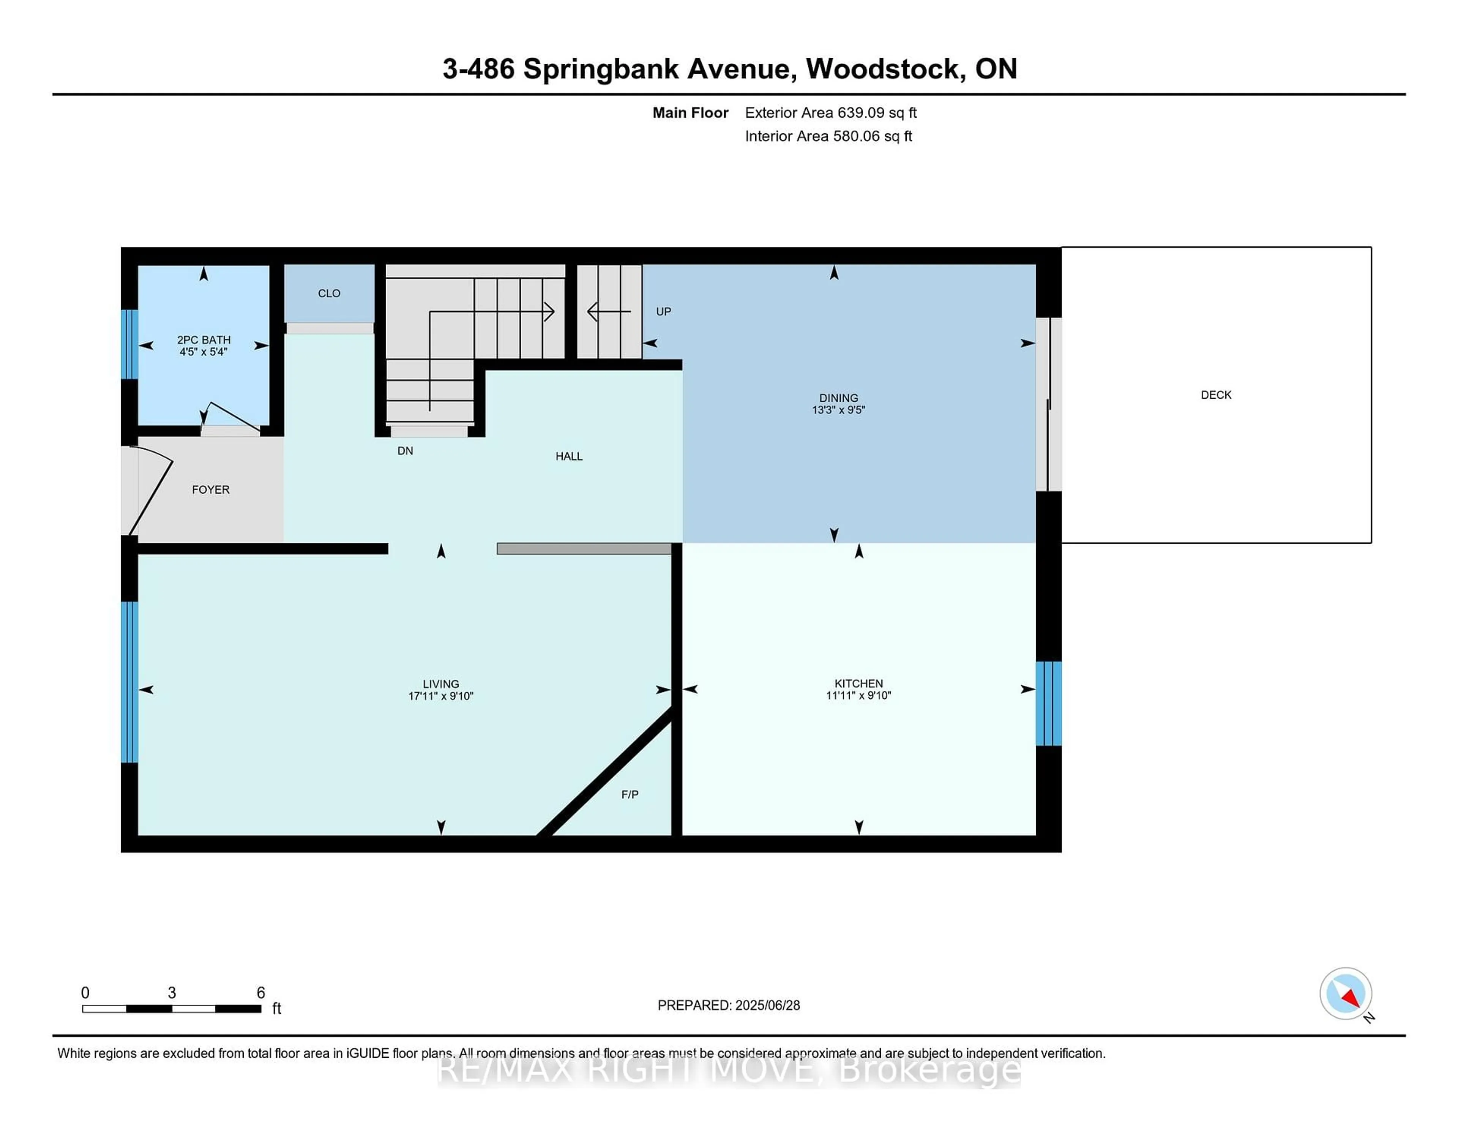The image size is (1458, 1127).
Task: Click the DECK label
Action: tap(1216, 395)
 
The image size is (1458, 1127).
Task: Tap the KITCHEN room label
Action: tap(858, 683)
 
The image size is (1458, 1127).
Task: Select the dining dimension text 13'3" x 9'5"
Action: tap(838, 410)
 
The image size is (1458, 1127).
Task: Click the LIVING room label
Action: tap(440, 683)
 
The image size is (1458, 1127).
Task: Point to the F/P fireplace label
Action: tap(630, 794)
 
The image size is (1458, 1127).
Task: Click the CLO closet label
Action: tap(329, 293)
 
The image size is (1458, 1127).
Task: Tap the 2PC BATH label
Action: tap(204, 340)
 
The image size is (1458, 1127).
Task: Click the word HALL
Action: tap(569, 456)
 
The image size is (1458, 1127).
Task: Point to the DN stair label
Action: tap(405, 451)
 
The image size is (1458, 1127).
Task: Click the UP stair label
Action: tap(663, 311)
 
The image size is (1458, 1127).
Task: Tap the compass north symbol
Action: tap(1345, 993)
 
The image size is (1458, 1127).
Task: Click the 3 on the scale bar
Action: tap(172, 993)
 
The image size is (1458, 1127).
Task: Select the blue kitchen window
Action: tap(1048, 703)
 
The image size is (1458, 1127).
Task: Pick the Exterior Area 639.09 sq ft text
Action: tap(830, 113)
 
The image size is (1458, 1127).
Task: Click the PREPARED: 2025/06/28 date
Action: tap(728, 1005)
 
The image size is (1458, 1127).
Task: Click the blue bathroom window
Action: tap(129, 344)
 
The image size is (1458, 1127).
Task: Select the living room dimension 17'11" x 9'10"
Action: tap(440, 696)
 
